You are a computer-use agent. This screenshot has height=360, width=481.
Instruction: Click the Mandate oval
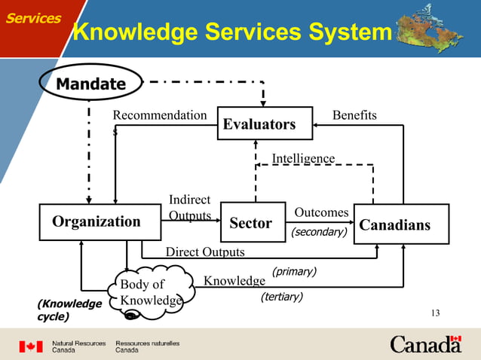pyautogui.click(x=93, y=83)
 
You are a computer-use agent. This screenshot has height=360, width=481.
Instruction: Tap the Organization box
pyautogui.click(x=96, y=221)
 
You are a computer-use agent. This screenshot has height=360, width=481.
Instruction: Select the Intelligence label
pyautogui.click(x=303, y=158)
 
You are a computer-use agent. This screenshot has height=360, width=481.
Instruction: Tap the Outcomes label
pyautogui.click(x=321, y=213)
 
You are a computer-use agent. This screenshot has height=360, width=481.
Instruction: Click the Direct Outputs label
pyautogui.click(x=205, y=252)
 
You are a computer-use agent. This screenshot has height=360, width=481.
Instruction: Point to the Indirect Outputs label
pyautogui.click(x=189, y=208)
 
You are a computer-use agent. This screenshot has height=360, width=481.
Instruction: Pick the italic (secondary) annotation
pyautogui.click(x=319, y=232)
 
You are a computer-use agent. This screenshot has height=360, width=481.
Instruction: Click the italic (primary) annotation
pyautogui.click(x=294, y=270)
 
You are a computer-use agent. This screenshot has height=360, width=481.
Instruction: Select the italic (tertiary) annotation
pyautogui.click(x=282, y=297)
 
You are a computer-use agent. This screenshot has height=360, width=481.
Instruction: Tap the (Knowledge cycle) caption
pyautogui.click(x=69, y=310)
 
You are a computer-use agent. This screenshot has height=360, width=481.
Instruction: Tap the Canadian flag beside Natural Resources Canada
pyautogui.click(x=31, y=346)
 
